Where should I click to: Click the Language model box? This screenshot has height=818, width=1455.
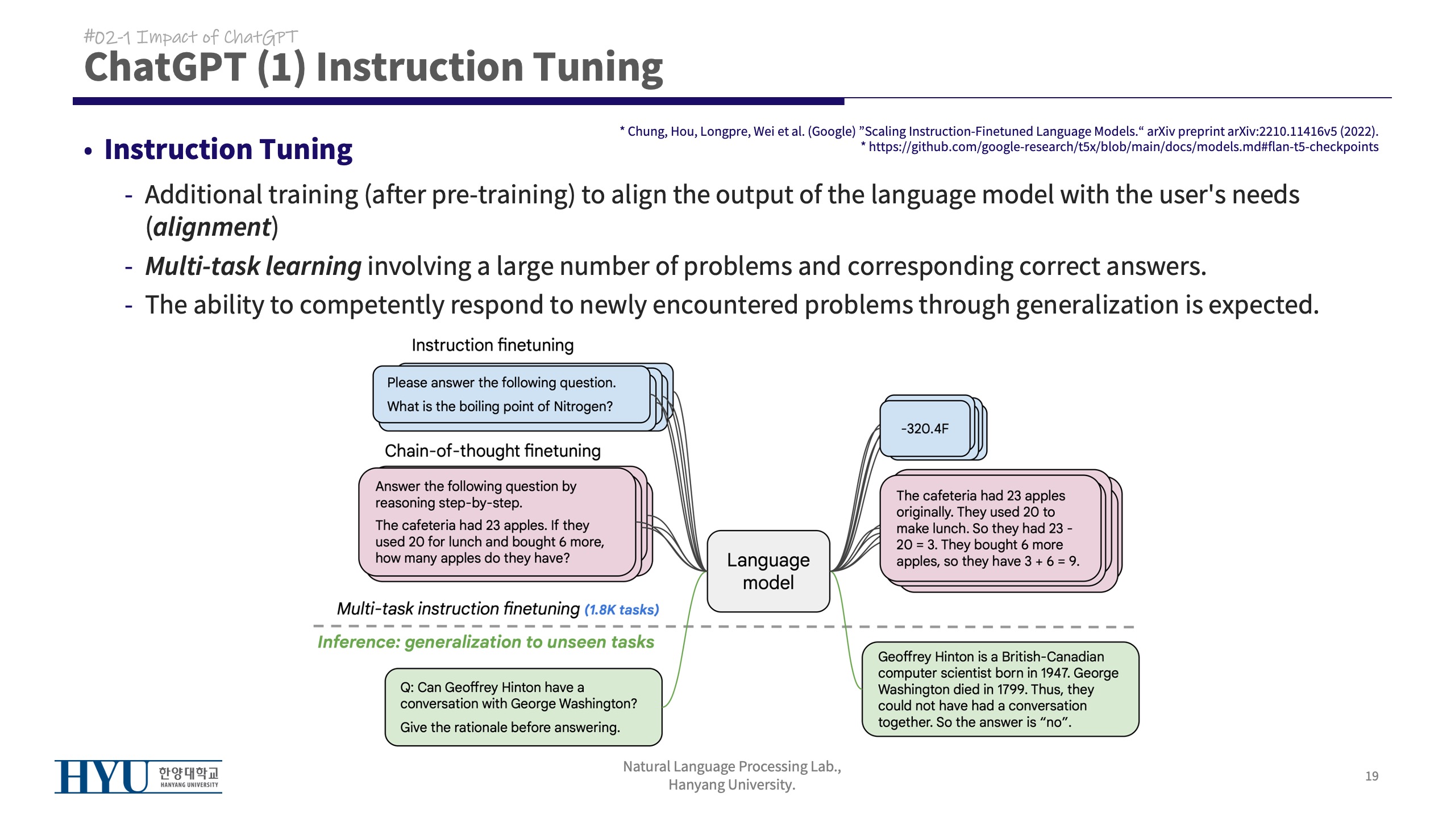click(x=768, y=571)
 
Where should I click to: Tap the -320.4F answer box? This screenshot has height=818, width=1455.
click(x=925, y=428)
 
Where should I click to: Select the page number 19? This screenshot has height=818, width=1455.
click(x=1371, y=776)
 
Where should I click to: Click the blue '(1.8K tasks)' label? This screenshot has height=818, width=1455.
click(x=622, y=610)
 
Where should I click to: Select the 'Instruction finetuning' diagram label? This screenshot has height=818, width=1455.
click(x=492, y=345)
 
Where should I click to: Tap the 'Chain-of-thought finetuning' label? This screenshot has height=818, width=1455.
click(x=492, y=450)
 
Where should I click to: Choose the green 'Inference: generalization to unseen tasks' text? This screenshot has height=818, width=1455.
click(x=485, y=642)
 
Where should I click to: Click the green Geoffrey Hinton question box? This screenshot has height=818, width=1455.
click(x=523, y=707)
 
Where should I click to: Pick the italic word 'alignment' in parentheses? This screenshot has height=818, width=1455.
click(x=212, y=227)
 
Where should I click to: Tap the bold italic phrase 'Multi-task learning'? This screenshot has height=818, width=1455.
click(x=253, y=266)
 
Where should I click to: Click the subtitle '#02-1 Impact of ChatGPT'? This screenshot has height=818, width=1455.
click(x=191, y=37)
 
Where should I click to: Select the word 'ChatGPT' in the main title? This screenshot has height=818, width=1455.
click(x=165, y=67)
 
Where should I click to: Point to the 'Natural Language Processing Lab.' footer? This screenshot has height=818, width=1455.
click(x=731, y=766)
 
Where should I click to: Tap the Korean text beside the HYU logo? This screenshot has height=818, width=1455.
click(x=188, y=773)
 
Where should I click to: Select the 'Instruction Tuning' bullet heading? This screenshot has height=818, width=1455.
click(x=228, y=149)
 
